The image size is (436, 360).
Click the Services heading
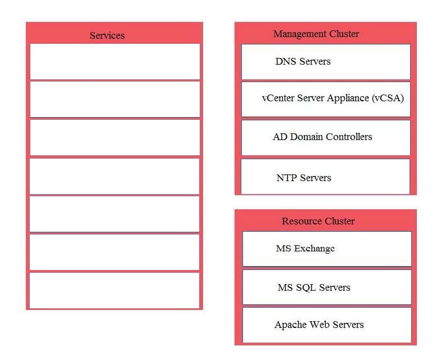pyautogui.click(x=107, y=35)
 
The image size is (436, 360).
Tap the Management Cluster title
pyautogui.click(x=316, y=34)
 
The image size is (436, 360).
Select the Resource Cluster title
pyautogui.click(x=318, y=221)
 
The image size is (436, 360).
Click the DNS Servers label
pyautogui.click(x=303, y=61)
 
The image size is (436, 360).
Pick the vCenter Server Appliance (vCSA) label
pyautogui.click(x=333, y=98)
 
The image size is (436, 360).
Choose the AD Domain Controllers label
pyautogui.click(x=322, y=137)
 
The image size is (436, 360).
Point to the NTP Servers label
pyautogui.click(x=304, y=178)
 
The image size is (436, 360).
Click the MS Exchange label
pyautogui.click(x=305, y=249)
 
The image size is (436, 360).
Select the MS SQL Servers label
pyautogui.click(x=314, y=287)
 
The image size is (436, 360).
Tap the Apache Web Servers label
pyautogui.click(x=319, y=325)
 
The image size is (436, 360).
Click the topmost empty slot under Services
pyautogui.click(x=115, y=61)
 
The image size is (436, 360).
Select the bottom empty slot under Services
pyautogui.click(x=114, y=290)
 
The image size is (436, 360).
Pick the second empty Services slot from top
pyautogui.click(x=115, y=99)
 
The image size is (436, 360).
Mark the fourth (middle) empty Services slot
pyautogui.click(x=114, y=176)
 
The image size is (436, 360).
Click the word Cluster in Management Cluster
pyautogui.click(x=344, y=34)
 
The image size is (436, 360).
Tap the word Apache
pyautogui.click(x=291, y=325)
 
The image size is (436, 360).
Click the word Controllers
pyautogui.click(x=349, y=137)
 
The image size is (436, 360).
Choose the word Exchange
pyautogui.click(x=314, y=249)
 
